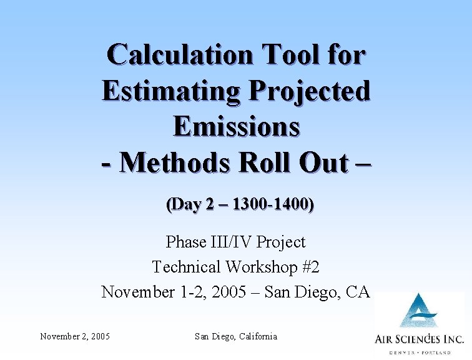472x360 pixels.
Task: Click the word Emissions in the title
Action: (x=236, y=126)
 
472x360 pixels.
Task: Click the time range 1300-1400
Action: (x=271, y=204)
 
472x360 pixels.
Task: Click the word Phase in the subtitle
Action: (x=187, y=242)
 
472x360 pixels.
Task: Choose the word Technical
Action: (x=187, y=267)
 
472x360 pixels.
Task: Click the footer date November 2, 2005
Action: (x=75, y=337)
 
